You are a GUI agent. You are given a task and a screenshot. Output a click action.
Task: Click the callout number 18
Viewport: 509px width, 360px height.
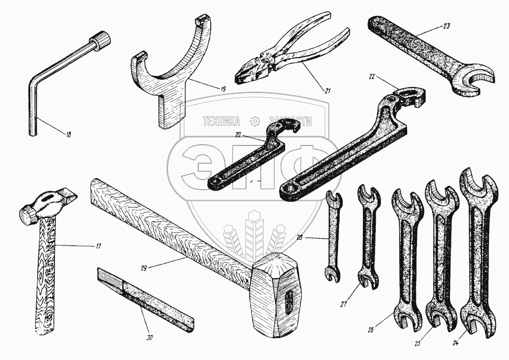pos(69,135)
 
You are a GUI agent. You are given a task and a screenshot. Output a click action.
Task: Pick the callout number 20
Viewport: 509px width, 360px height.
pos(238,135)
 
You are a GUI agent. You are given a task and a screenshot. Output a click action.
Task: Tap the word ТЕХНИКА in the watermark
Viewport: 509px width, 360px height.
pos(221,121)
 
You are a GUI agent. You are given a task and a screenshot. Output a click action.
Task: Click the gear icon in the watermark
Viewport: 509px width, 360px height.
pos(254,121)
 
